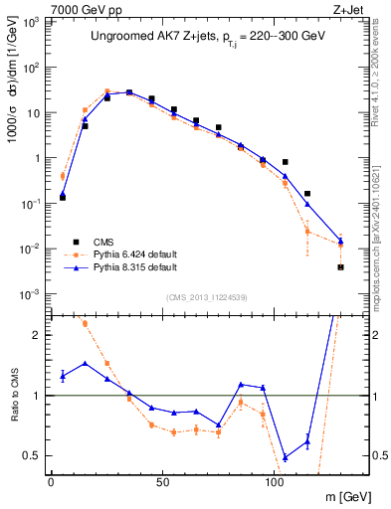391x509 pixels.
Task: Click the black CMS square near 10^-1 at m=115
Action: click(x=307, y=194)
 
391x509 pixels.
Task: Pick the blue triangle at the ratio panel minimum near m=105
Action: click(x=285, y=457)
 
